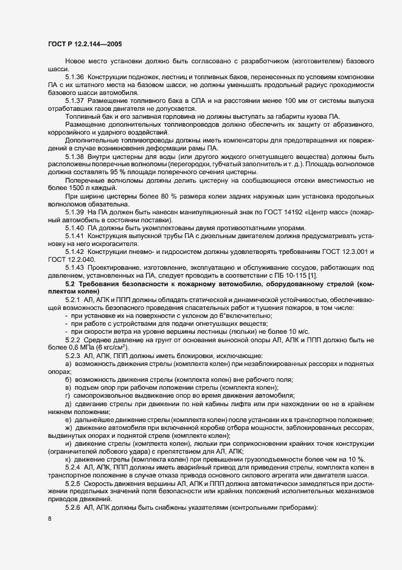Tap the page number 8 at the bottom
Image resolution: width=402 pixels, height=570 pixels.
click(x=49, y=519)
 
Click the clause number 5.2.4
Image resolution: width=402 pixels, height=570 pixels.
click(x=74, y=466)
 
